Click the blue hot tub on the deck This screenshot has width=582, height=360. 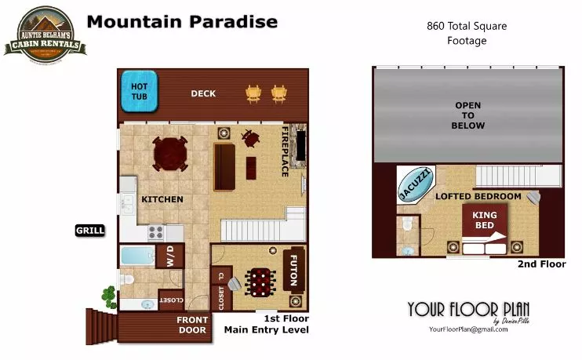point(138,91)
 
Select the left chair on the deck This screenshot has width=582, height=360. point(253,93)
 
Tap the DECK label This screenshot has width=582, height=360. point(203,94)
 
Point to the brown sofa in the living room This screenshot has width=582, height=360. point(224,165)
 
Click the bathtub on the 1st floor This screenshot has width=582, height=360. point(137,256)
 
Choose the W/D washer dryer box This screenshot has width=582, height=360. point(169,256)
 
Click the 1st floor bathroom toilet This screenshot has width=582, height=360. point(125,278)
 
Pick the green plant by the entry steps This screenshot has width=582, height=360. point(107,297)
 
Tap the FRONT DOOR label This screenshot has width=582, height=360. point(192,325)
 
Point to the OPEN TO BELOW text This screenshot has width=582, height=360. point(467,115)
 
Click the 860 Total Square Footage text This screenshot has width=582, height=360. point(467,33)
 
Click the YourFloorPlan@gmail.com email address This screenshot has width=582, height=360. point(468,329)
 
